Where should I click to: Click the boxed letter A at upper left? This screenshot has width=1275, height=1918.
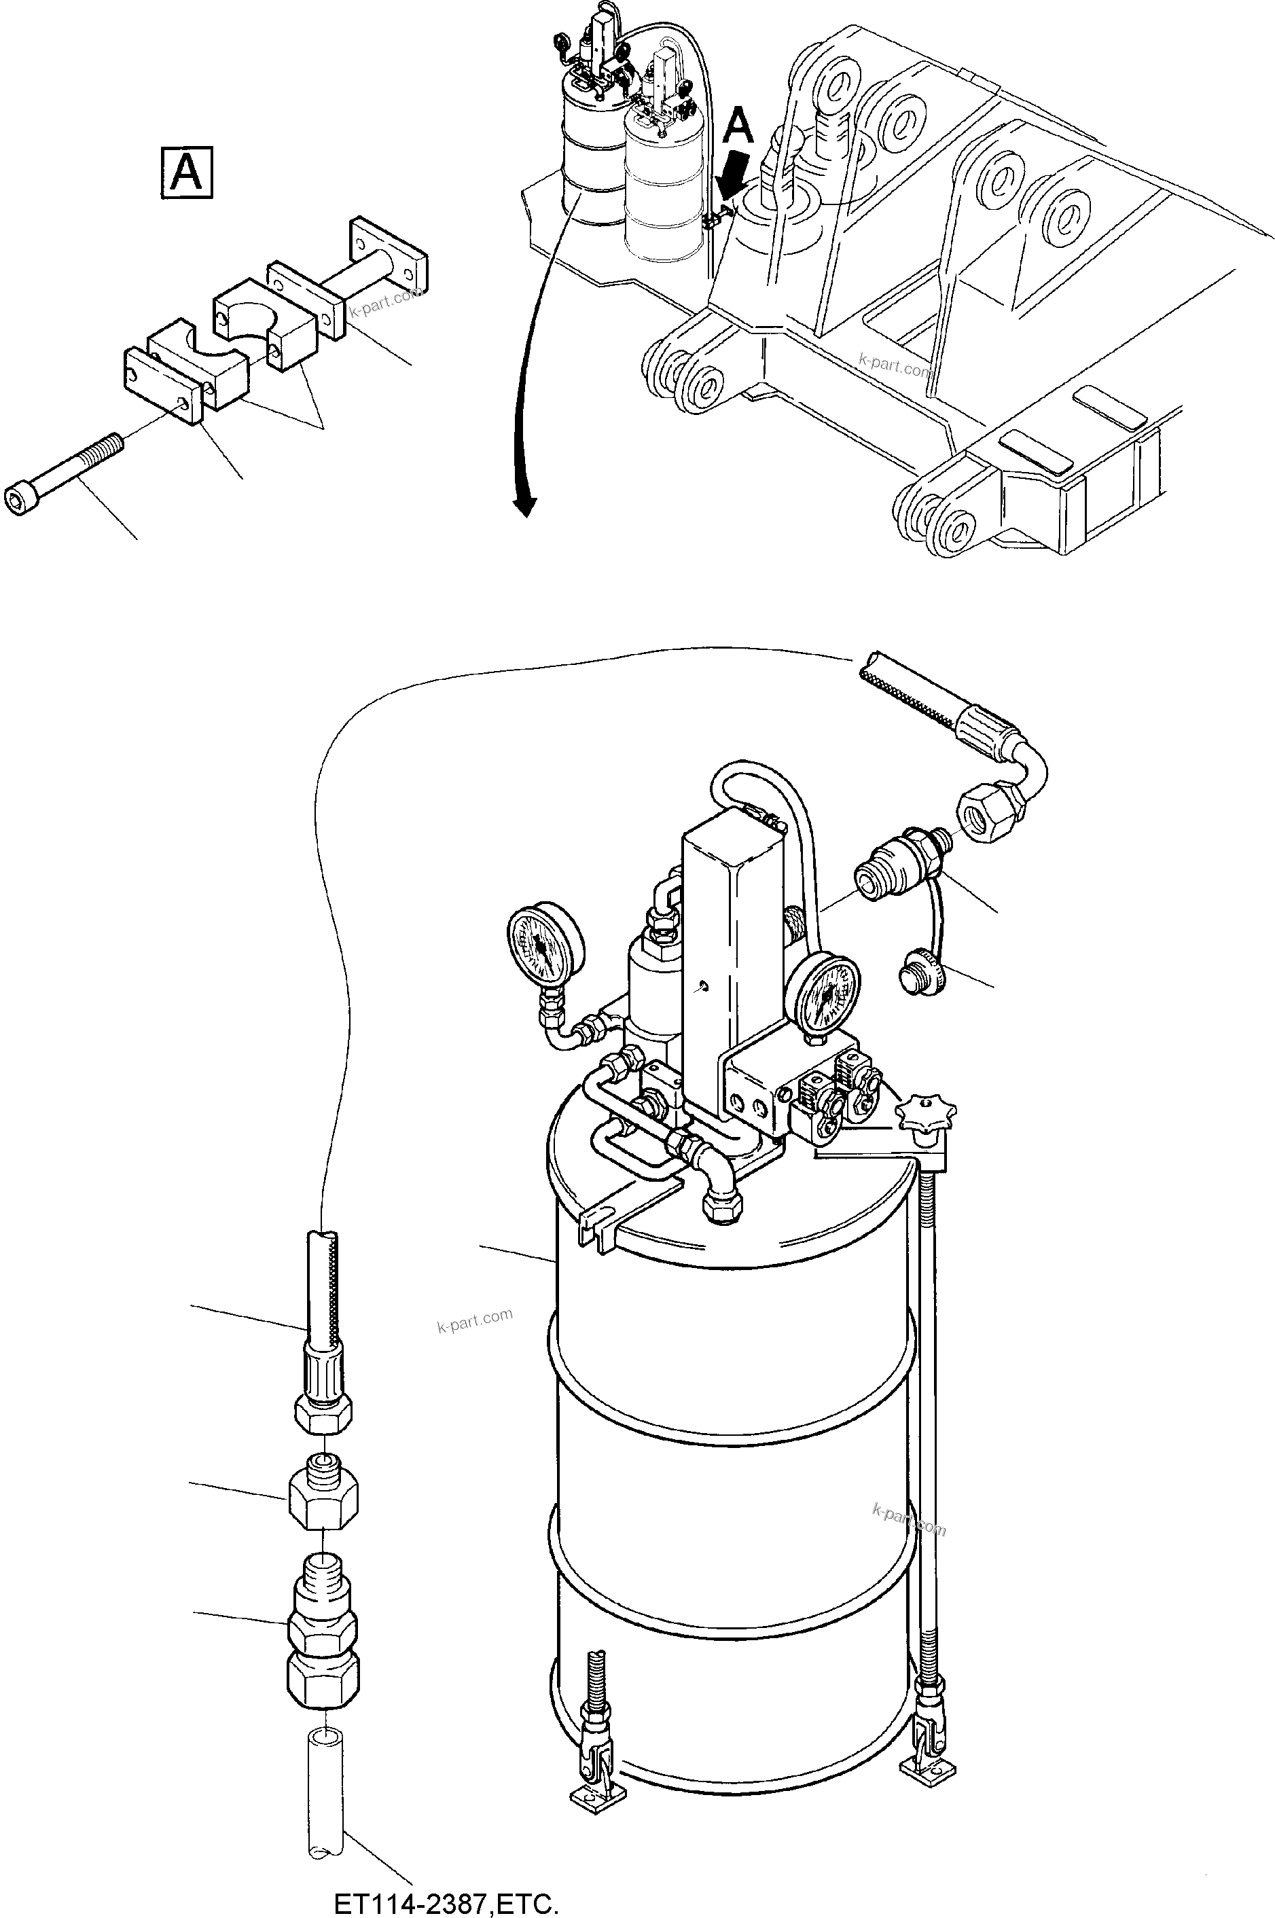pos(186,173)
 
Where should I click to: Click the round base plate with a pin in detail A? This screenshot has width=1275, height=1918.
pos(387,255)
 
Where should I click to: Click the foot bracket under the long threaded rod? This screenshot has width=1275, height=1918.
pos(927,1765)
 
